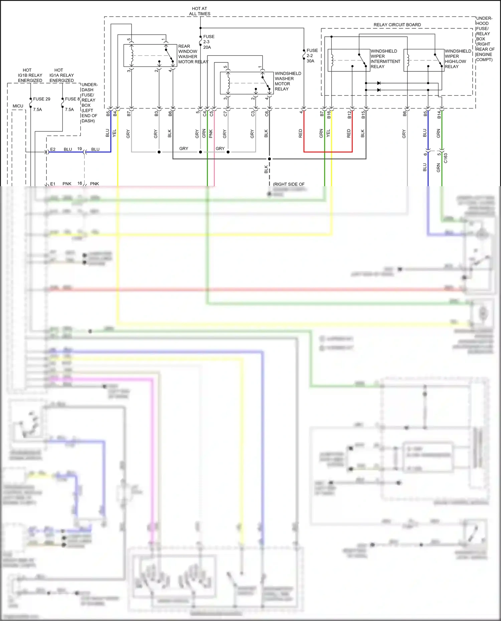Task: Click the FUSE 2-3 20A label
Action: [208, 42]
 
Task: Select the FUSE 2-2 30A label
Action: [312, 56]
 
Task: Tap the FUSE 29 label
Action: [41, 99]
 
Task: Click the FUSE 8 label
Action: [72, 99]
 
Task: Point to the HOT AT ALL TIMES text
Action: [200, 11]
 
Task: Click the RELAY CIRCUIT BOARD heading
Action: [397, 25]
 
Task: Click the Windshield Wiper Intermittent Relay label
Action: [385, 59]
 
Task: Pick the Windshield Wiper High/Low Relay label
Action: [457, 59]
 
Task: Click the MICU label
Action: [18, 106]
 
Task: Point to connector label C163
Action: [446, 158]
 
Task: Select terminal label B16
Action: [329, 115]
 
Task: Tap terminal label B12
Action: [349, 115]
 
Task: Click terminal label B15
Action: [363, 115]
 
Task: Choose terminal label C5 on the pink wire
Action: [211, 114]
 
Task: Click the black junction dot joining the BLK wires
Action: [270, 159]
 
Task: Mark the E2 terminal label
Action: [53, 149]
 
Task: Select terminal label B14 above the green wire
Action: [439, 115]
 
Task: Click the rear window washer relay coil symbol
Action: [132, 55]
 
